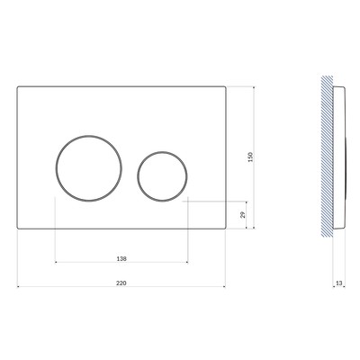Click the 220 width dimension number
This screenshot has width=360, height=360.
coord(121,283)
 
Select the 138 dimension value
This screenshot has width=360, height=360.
coord(121,258)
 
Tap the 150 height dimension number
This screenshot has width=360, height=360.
coord(251,157)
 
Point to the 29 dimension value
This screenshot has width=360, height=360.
coord(243,215)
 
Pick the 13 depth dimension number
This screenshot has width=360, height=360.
coord(339,283)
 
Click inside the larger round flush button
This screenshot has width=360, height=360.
coord(89,168)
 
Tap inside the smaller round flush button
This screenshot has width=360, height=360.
coord(162,176)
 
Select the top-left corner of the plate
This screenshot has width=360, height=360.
coord(17,86)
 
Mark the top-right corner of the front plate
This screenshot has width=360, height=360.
coord(225,86)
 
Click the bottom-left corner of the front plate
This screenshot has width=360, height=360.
coord(17,229)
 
